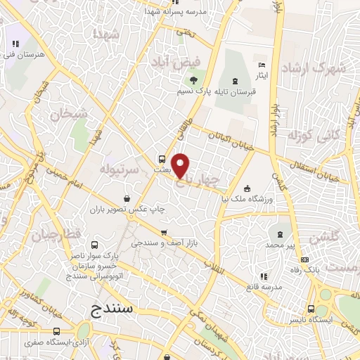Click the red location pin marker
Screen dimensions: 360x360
click(x=181, y=165)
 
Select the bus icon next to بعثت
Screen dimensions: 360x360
click(x=162, y=159)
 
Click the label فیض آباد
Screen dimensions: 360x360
click(x=172, y=63)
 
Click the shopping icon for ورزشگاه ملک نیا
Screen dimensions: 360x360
click(x=247, y=188)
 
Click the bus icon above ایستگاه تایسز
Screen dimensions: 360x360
click(x=311, y=308)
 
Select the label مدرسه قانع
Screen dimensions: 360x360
click(x=263, y=287)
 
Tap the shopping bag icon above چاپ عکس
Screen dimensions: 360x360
click(x=126, y=198)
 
